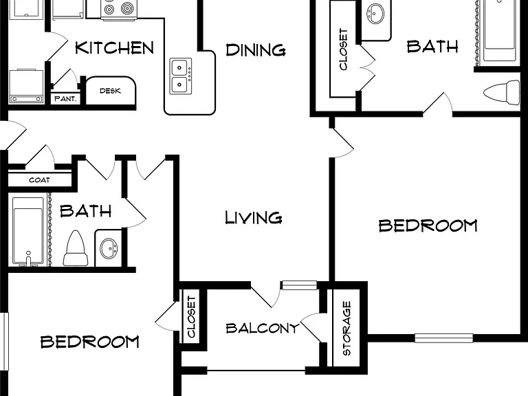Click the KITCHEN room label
[x=115, y=48]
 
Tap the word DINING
[x=256, y=49]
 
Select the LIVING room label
[x=253, y=217]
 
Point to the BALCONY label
[x=263, y=328]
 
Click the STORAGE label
[x=346, y=328]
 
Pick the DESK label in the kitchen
[x=110, y=91]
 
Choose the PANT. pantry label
[x=65, y=99]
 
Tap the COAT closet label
[x=39, y=180]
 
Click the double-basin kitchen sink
[x=181, y=76]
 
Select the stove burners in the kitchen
[x=119, y=9]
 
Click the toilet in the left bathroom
[x=76, y=248]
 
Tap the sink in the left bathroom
[x=109, y=248]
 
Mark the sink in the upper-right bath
[x=375, y=13]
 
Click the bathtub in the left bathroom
[x=28, y=231]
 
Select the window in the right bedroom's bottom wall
[x=443, y=338]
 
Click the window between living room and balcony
[x=299, y=285]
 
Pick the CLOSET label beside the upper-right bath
[x=343, y=49]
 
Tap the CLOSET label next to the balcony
[x=191, y=316]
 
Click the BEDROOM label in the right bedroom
[x=428, y=225]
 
